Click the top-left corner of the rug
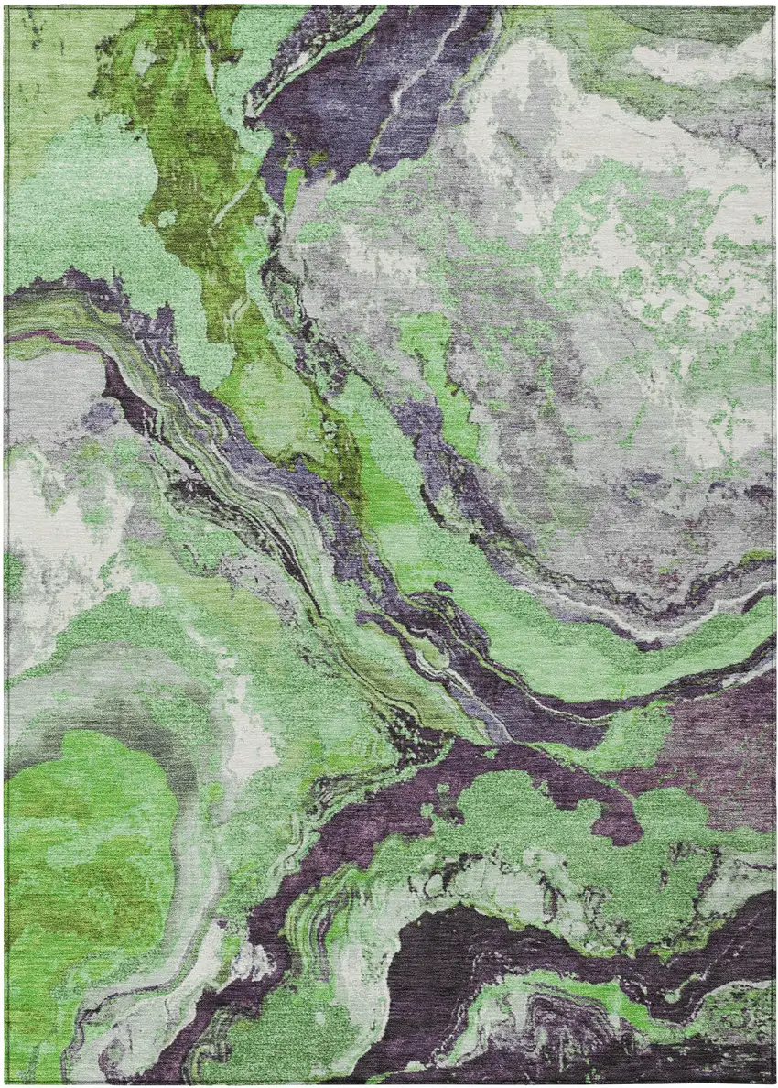pyautogui.click(x=5, y=6)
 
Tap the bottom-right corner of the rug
pyautogui.click(x=773, y=1082)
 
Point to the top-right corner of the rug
pyautogui.click(x=773, y=6)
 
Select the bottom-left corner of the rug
pyautogui.click(x=5, y=1082)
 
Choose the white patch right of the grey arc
pyautogui.click(x=247, y=724)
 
